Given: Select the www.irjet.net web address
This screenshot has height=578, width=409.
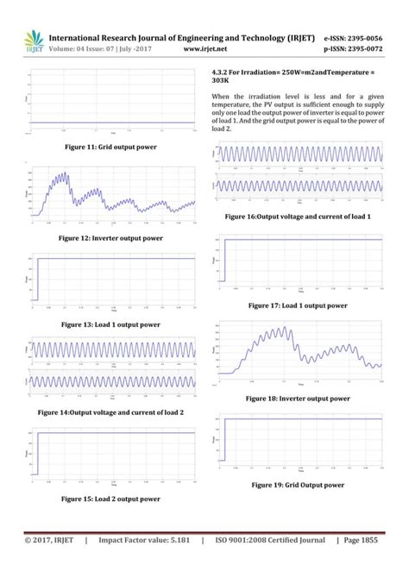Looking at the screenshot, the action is pos(205,50).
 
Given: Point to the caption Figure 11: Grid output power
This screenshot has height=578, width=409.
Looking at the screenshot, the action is pos(110,148).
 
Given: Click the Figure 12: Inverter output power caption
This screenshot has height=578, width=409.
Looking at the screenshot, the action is pos(110,237).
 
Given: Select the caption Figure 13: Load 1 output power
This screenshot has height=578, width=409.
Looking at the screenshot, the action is pos(110,324).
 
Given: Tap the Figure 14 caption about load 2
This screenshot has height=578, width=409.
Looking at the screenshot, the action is pos(110,413).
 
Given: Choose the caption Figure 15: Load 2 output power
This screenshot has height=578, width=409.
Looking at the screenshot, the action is pos(110,499).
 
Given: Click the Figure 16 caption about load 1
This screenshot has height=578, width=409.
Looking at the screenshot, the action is pos(298,217).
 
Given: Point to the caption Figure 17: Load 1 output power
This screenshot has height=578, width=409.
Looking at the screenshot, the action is pos(298,305).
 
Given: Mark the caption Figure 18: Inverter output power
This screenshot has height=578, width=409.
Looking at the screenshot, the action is pos(298,399).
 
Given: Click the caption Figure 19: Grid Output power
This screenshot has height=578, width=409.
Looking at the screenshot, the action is pos(298,485).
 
